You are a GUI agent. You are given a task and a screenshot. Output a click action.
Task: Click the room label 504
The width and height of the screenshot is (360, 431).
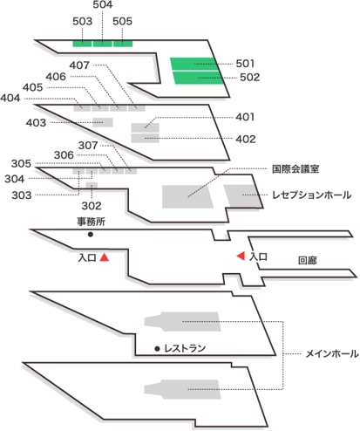coord(103,4)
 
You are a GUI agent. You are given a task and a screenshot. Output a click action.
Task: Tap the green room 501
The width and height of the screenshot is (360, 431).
coord(194,64)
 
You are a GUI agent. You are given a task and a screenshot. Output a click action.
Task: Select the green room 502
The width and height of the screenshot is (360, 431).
coord(199,78)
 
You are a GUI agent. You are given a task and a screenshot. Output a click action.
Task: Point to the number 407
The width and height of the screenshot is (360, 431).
coord(79,65)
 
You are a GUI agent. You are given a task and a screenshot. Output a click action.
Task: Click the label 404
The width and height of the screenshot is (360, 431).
coord(10,98)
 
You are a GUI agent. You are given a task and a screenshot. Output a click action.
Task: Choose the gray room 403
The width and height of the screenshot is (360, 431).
coord(103,122)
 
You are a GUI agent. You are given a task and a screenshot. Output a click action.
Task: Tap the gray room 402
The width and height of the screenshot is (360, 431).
coord(146,138)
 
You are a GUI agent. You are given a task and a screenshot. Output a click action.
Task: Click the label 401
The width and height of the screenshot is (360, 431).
coord(245,117)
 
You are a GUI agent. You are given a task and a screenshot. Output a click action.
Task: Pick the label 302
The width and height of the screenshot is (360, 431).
coord(92,206)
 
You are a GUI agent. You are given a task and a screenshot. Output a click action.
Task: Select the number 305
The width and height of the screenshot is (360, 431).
coord(21,163)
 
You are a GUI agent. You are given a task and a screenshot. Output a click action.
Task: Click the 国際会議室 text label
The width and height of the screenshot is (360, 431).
coord(295,169)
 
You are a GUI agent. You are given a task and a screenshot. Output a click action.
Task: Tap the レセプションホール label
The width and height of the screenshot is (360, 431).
coord(312,195)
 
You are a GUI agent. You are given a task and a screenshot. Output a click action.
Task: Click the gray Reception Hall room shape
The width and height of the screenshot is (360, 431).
coord(243,196)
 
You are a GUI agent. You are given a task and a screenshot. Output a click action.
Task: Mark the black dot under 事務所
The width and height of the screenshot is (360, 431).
coord(91,234)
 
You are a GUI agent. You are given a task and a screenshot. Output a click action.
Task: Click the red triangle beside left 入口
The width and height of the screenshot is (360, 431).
coord(105,257)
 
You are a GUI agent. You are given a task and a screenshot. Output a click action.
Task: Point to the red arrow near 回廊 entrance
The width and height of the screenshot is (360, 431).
coord(241,256)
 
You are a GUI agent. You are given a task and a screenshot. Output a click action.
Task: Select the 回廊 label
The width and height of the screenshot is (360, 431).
coord(308,261)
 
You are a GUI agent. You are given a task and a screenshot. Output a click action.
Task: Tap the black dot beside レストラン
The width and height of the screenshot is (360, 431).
coord(157,348)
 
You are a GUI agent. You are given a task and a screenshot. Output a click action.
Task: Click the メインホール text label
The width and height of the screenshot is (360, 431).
coord(332,354)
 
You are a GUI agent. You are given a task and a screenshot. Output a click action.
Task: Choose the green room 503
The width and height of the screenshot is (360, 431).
coord(82,44)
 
